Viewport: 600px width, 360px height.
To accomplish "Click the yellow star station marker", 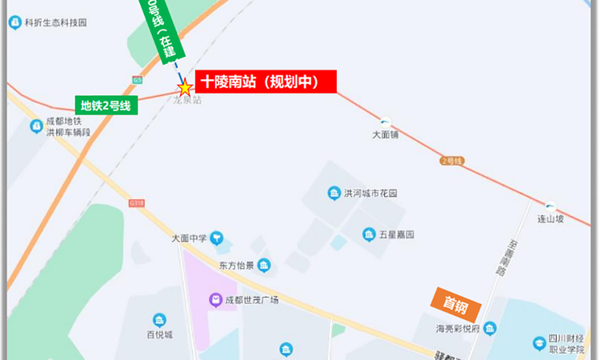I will (x=185, y=86).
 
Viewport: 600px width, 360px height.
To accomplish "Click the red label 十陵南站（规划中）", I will (x=266, y=82).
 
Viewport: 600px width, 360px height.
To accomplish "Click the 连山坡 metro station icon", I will (x=550, y=206).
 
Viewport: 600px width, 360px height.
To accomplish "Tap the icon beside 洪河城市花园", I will (x=334, y=193).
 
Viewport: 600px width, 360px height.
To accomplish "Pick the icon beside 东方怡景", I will (x=264, y=266).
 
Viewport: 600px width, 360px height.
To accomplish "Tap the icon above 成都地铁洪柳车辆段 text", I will (x=36, y=126).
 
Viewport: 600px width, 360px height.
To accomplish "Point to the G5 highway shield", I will (x=138, y=78).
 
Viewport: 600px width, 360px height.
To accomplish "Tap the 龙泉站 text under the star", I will (x=186, y=100).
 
